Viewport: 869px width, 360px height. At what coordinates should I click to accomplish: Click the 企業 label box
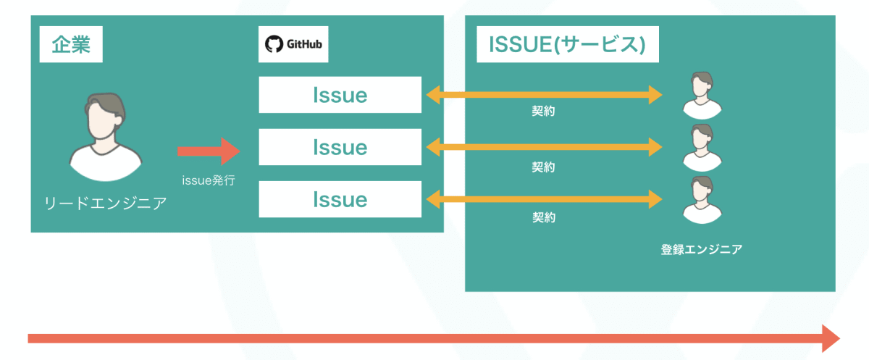71,44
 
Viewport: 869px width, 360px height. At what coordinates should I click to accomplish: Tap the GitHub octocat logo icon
274,44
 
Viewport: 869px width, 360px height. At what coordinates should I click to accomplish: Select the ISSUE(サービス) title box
568,44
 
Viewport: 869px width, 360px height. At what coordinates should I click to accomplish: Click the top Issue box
340,95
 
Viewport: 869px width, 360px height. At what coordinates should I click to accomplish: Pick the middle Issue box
340,147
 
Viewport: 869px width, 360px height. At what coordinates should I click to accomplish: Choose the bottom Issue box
340,199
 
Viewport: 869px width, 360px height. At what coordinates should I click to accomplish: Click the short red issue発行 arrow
209,151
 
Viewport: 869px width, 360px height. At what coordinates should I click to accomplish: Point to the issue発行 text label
209,180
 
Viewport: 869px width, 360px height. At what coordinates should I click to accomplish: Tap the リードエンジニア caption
106,203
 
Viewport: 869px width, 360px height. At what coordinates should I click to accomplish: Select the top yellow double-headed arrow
545,95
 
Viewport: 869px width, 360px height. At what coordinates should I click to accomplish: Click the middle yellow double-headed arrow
545,147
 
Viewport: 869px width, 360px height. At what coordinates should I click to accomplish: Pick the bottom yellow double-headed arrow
545,199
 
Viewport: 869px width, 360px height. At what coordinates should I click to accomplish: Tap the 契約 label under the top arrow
544,112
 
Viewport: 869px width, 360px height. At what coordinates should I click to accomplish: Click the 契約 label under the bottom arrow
544,217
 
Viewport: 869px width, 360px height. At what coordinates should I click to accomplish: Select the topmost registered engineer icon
702,96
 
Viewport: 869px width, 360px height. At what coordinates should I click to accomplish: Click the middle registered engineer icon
702,148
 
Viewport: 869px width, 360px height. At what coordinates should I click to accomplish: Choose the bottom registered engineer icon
702,200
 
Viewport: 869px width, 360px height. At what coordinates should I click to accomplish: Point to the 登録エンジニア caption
702,249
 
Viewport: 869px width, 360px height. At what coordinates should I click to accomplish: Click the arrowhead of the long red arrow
830,339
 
